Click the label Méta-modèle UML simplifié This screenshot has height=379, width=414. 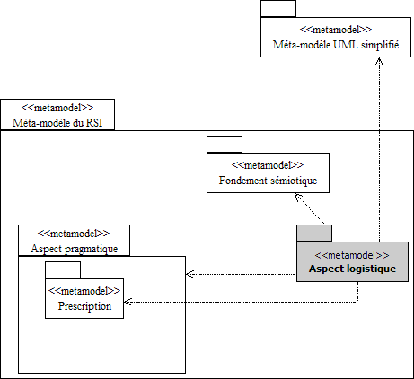(x=336, y=45)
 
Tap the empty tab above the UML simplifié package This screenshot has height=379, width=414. (x=278, y=9)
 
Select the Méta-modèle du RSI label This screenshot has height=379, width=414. (x=57, y=123)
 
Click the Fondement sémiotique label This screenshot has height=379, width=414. (x=268, y=181)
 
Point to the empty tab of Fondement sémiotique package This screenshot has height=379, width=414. (x=225, y=145)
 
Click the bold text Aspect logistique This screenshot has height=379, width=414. (x=352, y=269)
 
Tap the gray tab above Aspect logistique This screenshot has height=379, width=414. (x=314, y=234)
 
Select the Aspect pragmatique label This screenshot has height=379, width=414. (x=75, y=249)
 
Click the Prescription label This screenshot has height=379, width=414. (x=84, y=306)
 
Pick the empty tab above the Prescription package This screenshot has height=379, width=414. (x=63, y=270)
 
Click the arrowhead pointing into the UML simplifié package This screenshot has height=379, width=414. (x=379, y=61)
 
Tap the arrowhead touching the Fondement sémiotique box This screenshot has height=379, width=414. (x=298, y=197)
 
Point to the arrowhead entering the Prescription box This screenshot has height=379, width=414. (x=128, y=302)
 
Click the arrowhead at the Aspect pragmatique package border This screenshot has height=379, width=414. (x=189, y=274)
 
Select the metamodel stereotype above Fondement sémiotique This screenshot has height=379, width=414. (x=268, y=165)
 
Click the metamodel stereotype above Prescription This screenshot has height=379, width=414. (x=84, y=291)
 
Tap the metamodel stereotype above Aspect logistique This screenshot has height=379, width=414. (x=352, y=255)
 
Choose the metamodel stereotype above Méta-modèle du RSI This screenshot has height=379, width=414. (x=57, y=108)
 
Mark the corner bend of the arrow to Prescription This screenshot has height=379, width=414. (x=358, y=302)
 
